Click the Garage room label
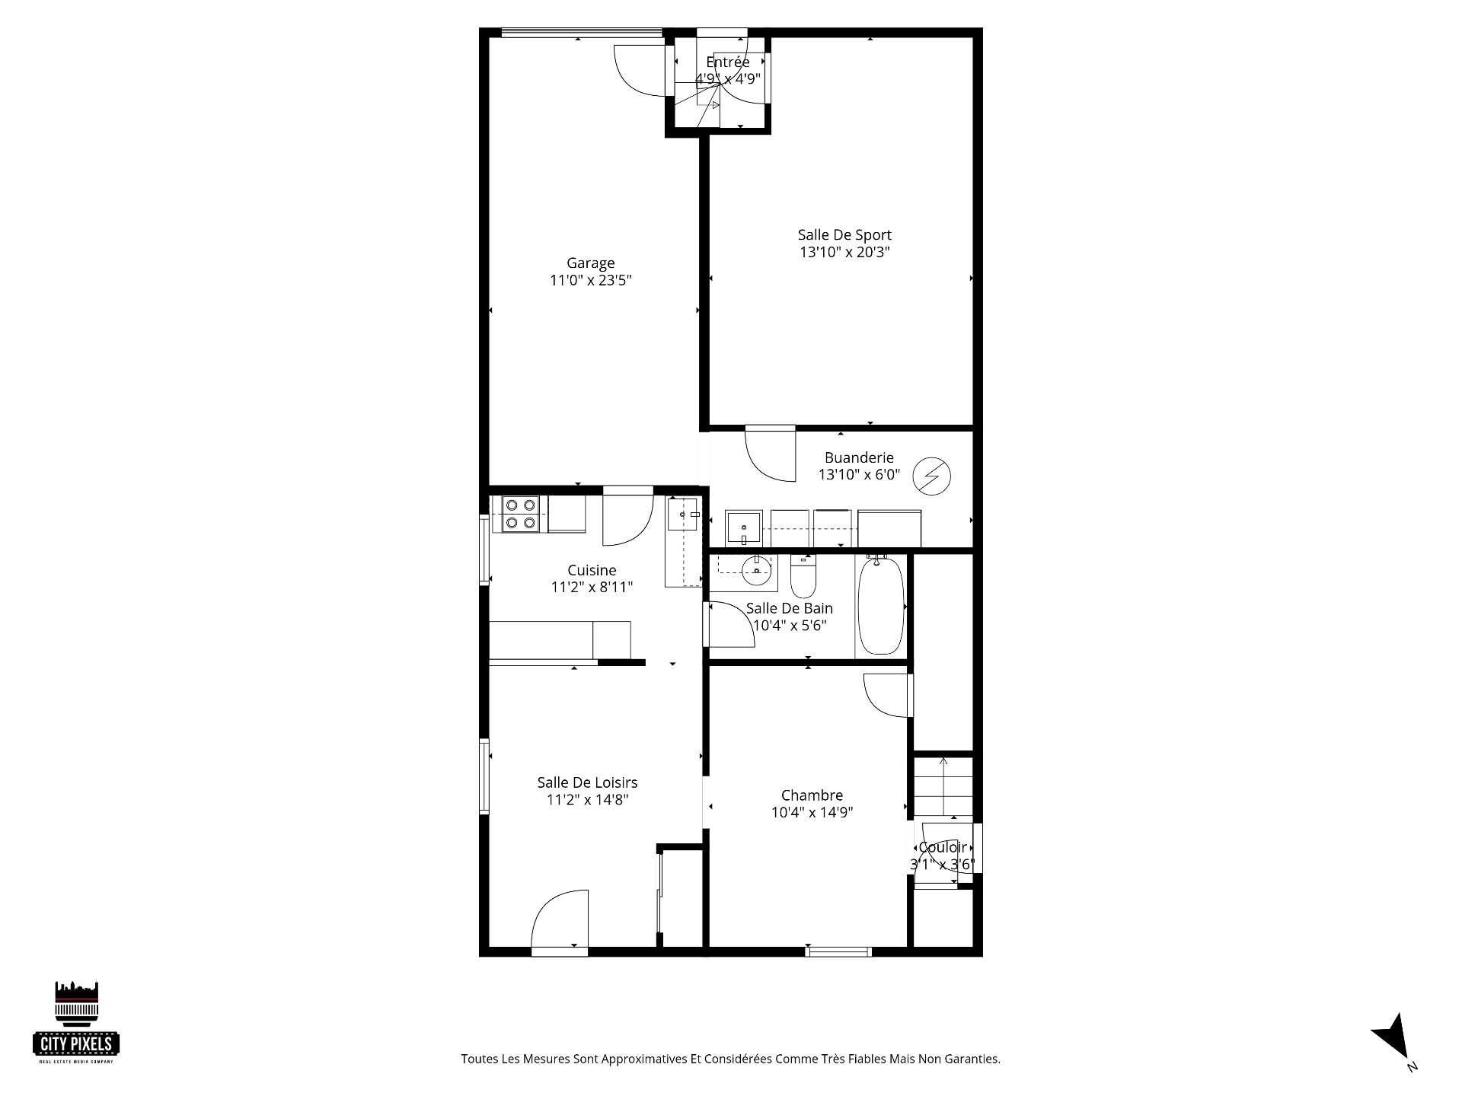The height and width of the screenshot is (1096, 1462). coord(590,263)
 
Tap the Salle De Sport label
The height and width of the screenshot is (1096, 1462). coord(844,235)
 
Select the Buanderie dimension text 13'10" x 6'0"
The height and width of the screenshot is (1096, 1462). coord(859,475)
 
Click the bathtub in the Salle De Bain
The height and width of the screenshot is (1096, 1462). coord(881,604)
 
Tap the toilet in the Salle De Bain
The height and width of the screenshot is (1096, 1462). coord(803,576)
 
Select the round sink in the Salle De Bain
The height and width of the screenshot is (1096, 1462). coord(755,571)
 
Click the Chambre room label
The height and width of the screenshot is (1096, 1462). coord(812,795)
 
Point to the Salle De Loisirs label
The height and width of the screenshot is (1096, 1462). coord(587,782)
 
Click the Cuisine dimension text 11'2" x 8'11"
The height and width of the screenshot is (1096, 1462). coord(592,587)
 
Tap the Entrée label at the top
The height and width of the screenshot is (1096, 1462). coord(728,62)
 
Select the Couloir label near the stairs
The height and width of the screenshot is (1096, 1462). coord(943,847)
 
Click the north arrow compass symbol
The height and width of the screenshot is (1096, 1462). coord(1393,1037)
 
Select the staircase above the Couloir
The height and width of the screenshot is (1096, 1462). coord(943,786)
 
